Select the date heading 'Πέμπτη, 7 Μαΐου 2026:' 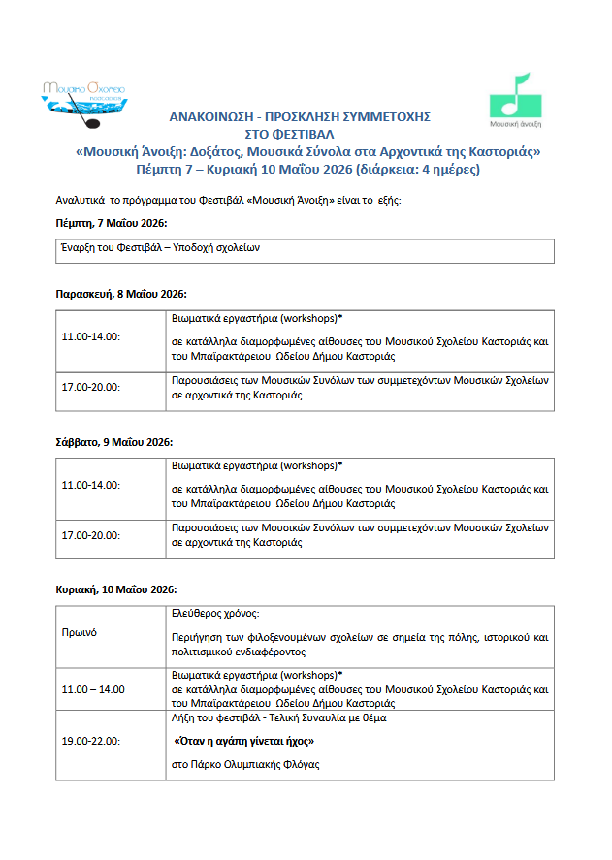(x=113, y=223)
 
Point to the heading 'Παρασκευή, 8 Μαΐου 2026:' (x=120, y=293)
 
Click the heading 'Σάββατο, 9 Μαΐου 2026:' (x=113, y=441)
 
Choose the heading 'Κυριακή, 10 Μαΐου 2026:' (x=115, y=589)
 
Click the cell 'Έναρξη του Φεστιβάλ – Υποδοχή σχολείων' (x=160, y=247)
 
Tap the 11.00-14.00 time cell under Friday (x=90, y=336)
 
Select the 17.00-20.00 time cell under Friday (x=90, y=387)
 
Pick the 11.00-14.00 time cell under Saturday (x=90, y=484)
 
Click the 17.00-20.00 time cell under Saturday (x=90, y=534)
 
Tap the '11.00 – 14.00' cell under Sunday (x=93, y=688)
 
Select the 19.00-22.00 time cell (x=90, y=740)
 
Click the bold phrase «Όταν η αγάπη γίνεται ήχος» (x=243, y=741)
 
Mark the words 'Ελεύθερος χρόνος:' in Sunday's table (x=215, y=614)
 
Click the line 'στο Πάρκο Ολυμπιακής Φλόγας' (x=245, y=764)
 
